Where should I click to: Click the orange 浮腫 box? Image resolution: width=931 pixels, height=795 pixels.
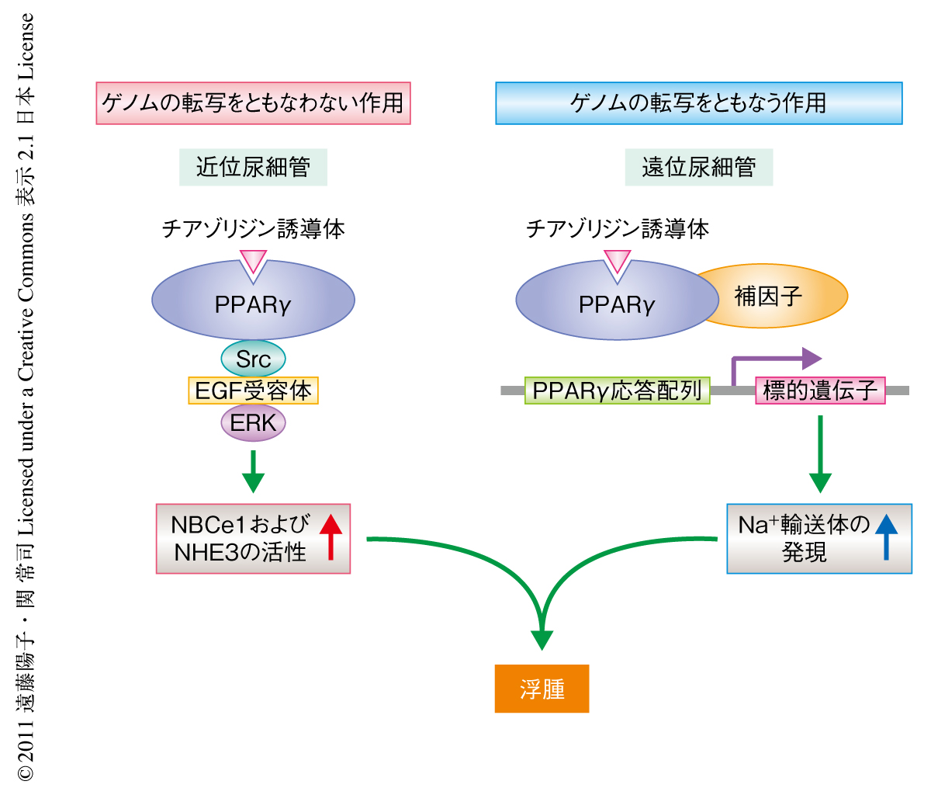point(542,689)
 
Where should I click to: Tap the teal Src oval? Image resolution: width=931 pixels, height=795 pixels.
point(253,359)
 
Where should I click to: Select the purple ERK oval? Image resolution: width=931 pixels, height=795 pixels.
point(254,423)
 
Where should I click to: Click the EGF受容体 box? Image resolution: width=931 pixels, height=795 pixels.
point(253,391)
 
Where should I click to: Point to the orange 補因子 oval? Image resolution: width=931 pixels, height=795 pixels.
point(776,296)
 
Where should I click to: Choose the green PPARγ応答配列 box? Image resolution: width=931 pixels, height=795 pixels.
point(617,391)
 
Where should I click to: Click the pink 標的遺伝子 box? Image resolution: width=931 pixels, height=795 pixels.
point(820,391)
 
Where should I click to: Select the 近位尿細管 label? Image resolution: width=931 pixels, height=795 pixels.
point(253,167)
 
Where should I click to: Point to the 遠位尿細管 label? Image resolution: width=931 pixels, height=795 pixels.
point(698,167)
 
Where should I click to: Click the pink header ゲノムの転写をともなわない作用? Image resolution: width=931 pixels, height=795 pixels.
point(253,103)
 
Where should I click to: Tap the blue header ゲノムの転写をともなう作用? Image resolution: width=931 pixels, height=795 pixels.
point(698,103)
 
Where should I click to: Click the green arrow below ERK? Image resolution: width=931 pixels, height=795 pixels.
point(253,470)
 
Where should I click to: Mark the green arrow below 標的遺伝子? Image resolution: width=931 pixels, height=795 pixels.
point(820,454)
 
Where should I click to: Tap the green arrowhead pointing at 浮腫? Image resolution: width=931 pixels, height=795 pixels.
point(542,638)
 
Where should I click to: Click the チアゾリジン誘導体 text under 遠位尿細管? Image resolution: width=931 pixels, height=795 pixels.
point(618,229)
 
